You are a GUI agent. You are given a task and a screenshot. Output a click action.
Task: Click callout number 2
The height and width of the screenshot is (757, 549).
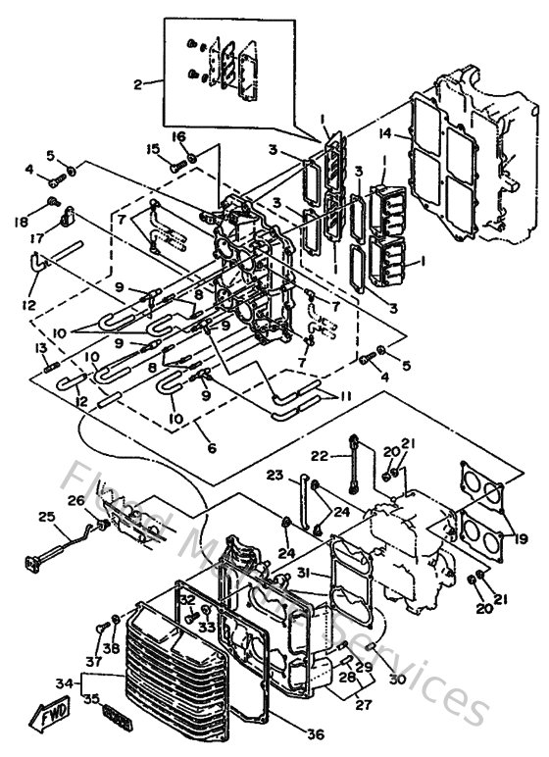(138, 84)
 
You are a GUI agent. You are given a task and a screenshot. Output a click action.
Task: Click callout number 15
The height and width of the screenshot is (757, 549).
(154, 149)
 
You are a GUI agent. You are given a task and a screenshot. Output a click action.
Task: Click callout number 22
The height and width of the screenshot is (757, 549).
(319, 455)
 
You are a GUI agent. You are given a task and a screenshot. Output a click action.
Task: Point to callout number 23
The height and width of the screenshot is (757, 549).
(275, 475)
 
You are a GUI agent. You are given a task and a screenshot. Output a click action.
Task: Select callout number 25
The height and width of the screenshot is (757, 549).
(46, 517)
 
